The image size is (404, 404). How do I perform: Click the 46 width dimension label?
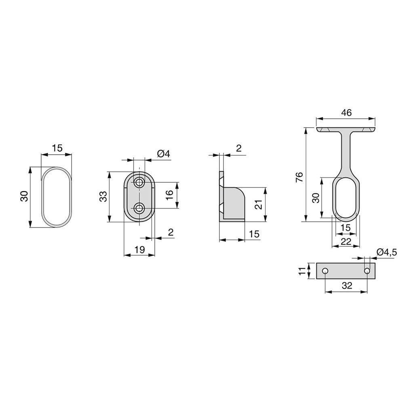click(x=346, y=113)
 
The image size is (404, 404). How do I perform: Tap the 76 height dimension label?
click(x=299, y=177)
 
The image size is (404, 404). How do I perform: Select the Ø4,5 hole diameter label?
click(x=387, y=252)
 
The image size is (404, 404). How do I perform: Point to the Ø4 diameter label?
click(x=164, y=154)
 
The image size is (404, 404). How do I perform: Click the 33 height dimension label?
click(x=103, y=196)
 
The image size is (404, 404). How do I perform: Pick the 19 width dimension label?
click(x=140, y=249)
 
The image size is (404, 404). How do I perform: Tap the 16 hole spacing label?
click(x=169, y=195)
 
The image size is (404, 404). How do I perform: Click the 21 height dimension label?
click(x=259, y=204)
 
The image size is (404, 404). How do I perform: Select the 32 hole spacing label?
click(x=347, y=286)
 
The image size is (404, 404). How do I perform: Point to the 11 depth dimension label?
click(x=302, y=271)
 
